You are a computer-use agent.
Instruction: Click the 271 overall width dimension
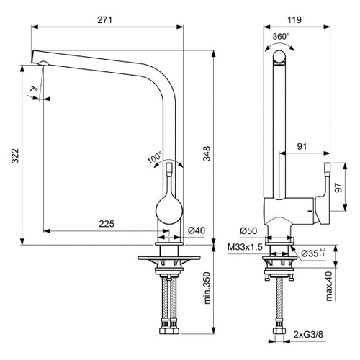point(105,19)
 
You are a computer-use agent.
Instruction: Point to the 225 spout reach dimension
point(106,224)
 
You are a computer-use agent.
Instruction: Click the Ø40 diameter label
point(197,230)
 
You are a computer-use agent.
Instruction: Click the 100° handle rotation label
point(154,157)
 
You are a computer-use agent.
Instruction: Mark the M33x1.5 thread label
point(245,247)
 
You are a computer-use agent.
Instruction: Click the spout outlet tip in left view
point(44,64)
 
